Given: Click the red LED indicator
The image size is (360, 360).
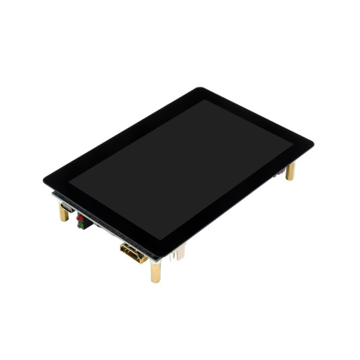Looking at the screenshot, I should [x=79, y=218].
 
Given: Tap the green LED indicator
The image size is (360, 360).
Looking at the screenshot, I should [x=79, y=225].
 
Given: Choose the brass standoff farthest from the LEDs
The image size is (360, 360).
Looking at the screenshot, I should [x=290, y=171].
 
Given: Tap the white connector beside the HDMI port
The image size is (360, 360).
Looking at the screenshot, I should [x=179, y=254].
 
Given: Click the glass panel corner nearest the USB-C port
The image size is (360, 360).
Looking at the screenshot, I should [x=46, y=179].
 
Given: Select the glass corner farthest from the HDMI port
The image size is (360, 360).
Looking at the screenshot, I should [x=200, y=89].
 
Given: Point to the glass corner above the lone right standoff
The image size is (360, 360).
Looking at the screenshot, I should [x=311, y=145].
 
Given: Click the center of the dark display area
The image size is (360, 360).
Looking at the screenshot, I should [x=180, y=168].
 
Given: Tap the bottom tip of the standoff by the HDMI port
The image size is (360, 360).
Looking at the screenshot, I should [x=155, y=281].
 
